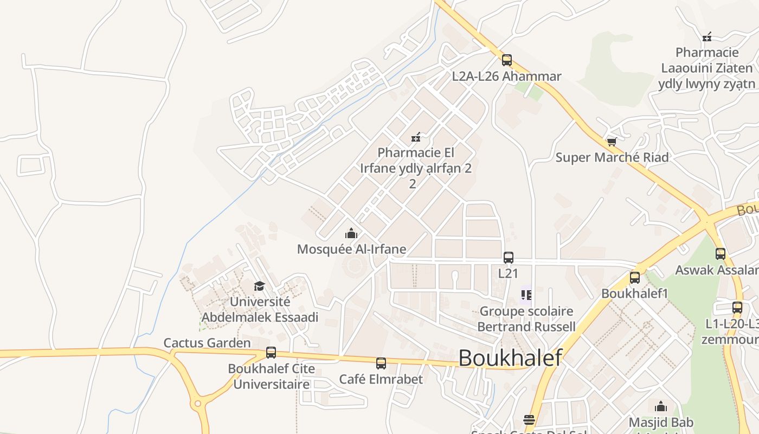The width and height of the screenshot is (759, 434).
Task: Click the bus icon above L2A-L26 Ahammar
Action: click(x=506, y=60)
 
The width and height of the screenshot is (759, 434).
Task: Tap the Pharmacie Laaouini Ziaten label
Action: click(x=706, y=68)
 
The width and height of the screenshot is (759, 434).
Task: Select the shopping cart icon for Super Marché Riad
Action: click(x=612, y=142)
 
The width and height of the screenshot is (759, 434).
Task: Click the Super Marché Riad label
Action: click(x=612, y=158)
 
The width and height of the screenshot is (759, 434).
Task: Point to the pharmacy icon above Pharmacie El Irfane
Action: click(x=416, y=137)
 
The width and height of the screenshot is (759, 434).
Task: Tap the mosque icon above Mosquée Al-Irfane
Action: click(x=351, y=234)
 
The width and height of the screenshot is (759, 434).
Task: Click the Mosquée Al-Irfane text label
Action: click(x=351, y=250)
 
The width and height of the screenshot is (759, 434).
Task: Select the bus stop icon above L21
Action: click(x=508, y=258)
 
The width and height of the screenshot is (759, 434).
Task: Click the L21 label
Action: click(x=508, y=273)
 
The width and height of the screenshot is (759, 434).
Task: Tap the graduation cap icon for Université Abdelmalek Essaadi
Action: click(x=260, y=286)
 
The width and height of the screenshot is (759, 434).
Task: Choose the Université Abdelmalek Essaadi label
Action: click(x=260, y=309)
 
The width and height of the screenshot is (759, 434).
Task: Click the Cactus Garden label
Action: click(x=207, y=343)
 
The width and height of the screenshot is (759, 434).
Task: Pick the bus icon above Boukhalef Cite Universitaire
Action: click(x=271, y=353)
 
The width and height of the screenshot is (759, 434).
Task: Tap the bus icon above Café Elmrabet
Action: click(x=381, y=363)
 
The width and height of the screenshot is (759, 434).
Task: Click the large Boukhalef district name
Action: click(x=510, y=358)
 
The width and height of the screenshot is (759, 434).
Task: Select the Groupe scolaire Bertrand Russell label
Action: click(x=526, y=319)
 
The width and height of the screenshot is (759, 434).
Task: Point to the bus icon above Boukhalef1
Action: click(x=635, y=278)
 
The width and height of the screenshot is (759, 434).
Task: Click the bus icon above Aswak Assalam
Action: click(x=720, y=254)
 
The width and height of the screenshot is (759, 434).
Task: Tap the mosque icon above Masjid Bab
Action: click(x=661, y=406)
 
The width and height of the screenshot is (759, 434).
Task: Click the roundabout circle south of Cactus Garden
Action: click(x=198, y=404)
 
